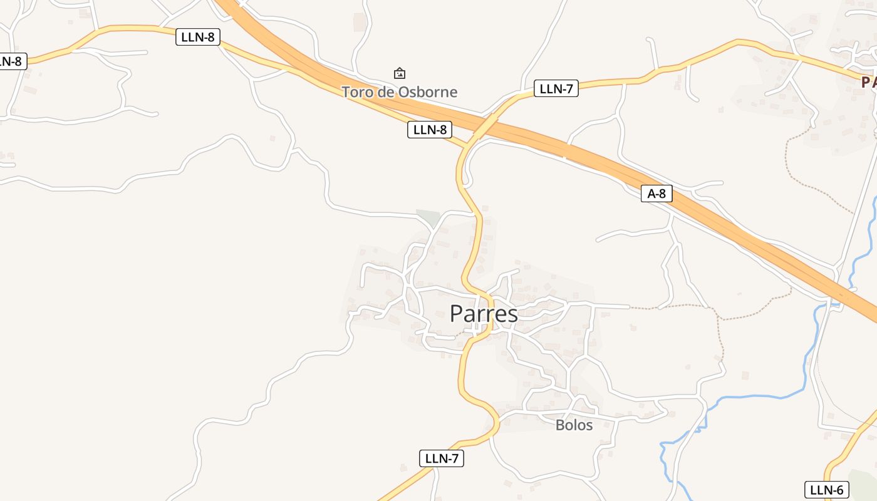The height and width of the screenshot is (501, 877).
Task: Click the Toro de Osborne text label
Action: pos(399,92)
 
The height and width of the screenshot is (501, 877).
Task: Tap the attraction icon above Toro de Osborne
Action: pos(399,73)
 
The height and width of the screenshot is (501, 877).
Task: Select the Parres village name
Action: pos(484,314)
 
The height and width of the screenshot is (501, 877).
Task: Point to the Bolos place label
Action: pos(574,425)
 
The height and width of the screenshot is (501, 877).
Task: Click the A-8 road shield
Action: pos(656,194)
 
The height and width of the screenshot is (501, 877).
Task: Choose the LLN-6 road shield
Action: pos(826,490)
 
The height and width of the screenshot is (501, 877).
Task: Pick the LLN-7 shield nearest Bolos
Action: pos(442,458)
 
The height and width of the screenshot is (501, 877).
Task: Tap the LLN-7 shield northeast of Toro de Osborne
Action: pos(556,88)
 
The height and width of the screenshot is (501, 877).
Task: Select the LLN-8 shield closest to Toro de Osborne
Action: pos(430,130)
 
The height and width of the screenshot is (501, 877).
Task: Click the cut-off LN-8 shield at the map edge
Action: pos(11,61)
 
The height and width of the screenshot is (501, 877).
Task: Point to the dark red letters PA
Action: pos(868,82)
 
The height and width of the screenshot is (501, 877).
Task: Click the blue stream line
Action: pos(752,397)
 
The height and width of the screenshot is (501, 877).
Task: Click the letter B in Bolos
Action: pos(559,425)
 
